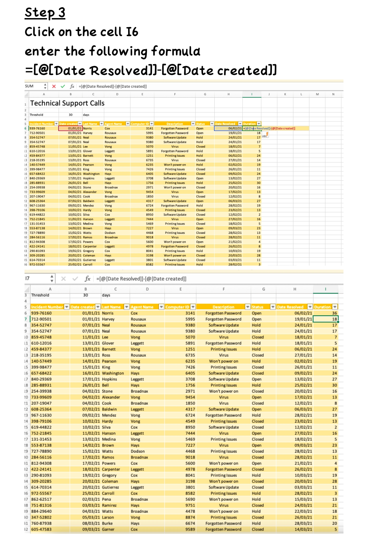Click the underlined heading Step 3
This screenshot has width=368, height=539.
[x=45, y=13]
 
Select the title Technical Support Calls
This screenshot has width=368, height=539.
[x=67, y=103]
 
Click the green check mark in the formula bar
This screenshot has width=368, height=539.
[x=63, y=86]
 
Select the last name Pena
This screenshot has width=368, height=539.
[x=106, y=499]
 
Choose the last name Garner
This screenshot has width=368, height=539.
[x=108, y=529]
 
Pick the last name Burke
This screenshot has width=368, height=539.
[x=107, y=523]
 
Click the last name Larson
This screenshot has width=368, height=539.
[x=108, y=517]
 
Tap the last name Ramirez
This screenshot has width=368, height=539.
[x=109, y=506]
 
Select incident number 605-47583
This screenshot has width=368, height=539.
[x=41, y=529]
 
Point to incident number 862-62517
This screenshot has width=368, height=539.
[x=41, y=499]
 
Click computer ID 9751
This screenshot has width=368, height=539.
[x=190, y=506]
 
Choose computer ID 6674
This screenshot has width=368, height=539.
[x=190, y=523]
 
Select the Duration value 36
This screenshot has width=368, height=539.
[x=334, y=313]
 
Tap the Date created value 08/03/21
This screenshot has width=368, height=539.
[x=91, y=523]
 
